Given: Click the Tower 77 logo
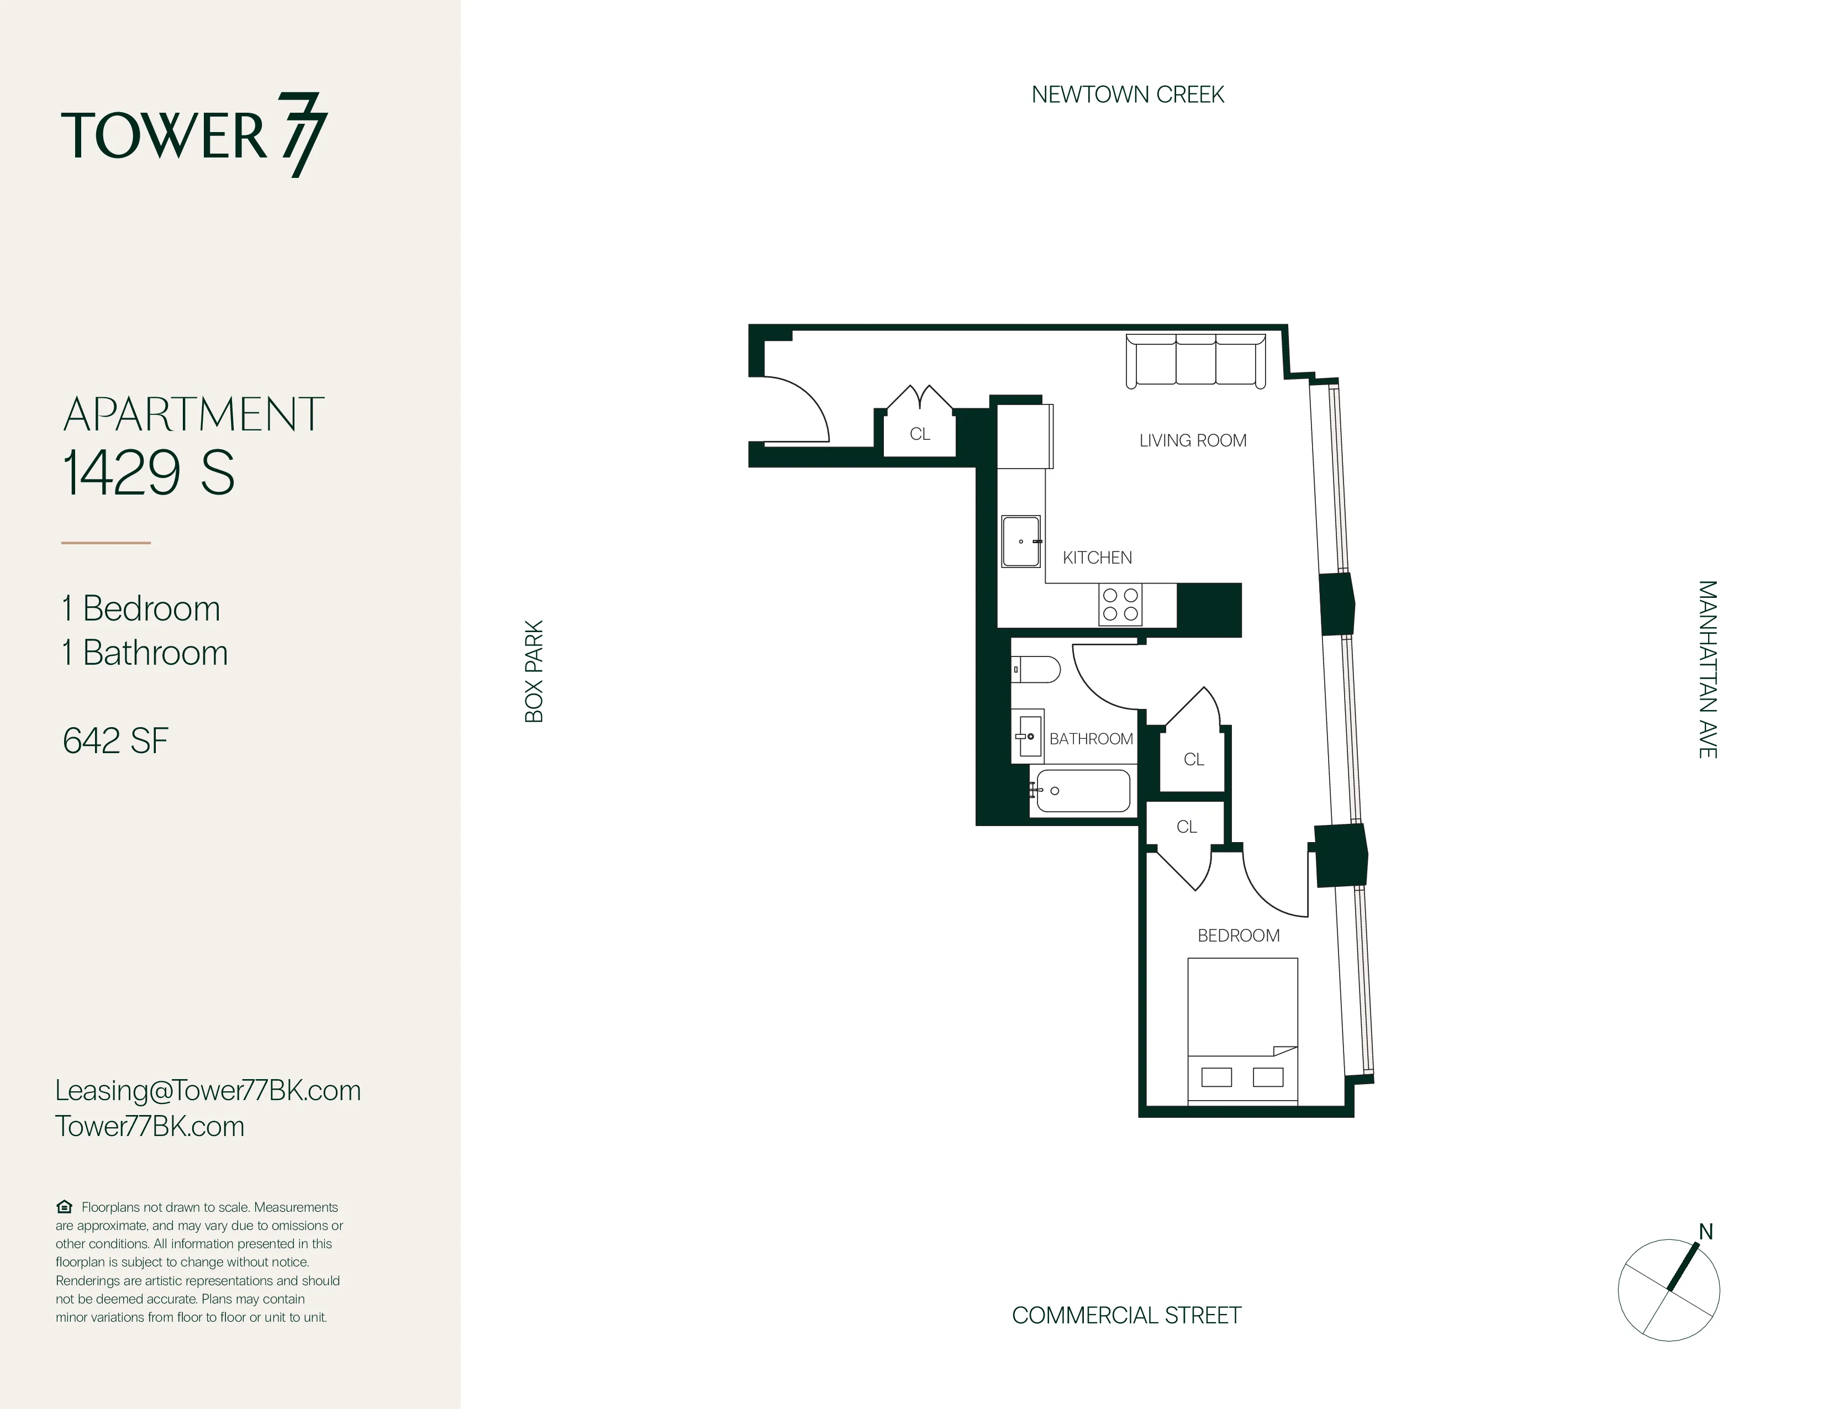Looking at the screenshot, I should pos(194,135).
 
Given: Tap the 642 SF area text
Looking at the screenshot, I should pos(115,740).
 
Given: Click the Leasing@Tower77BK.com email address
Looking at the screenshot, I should pos(208,1090).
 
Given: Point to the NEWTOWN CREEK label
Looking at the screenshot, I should pos(1127,94).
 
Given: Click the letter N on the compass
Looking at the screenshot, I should pos(1705,1232).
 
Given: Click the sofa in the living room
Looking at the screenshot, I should pos(1195,361).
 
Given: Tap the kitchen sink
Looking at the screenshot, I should pos(1021,541).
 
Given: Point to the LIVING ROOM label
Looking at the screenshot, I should pos(1192,441).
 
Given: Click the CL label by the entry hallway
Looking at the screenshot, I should pos(919,434).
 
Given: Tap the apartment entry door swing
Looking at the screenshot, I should pos(793,411).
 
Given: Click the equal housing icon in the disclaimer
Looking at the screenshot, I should pos(64,1207).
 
